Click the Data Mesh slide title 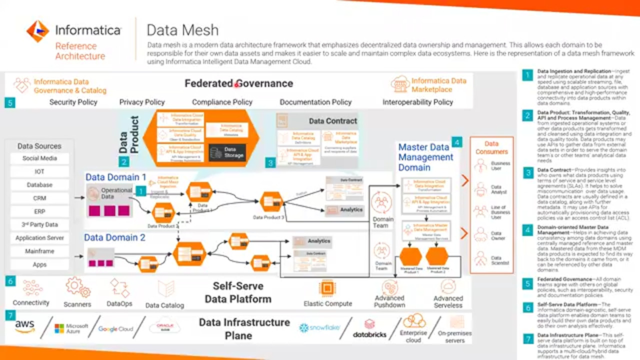coord(182,30)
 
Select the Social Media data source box coord(39,158)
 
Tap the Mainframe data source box coord(39,251)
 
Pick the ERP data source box coord(39,211)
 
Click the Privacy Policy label coord(142,102)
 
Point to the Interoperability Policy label coord(417,102)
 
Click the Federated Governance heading coord(238,83)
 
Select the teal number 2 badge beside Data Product coord(124,161)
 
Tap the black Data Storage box coord(227,152)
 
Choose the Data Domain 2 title coord(114,237)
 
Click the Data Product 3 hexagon coord(271,201)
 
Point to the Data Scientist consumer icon coord(480,258)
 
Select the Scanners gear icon coord(77,287)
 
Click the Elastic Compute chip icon coord(327,288)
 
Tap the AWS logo coord(24,327)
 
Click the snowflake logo coord(319,328)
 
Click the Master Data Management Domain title coord(425,157)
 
